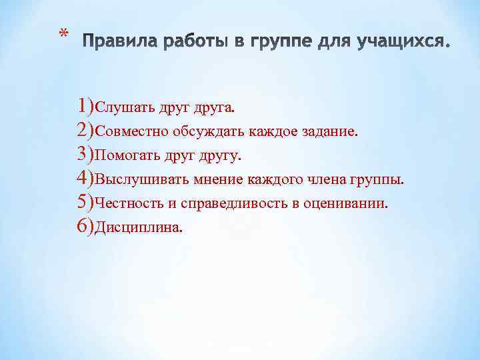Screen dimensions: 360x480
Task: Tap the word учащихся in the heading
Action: coord(404,43)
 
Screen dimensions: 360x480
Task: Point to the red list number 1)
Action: coord(86,105)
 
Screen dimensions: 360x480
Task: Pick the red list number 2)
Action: coord(86,130)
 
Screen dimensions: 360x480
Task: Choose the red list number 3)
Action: coord(86,155)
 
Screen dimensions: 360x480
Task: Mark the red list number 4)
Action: coord(86,179)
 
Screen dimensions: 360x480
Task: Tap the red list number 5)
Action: coord(86,203)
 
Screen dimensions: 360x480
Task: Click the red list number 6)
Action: coord(86,227)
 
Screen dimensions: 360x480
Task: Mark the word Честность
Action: coord(127,204)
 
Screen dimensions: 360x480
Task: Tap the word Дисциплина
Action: coord(138,228)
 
